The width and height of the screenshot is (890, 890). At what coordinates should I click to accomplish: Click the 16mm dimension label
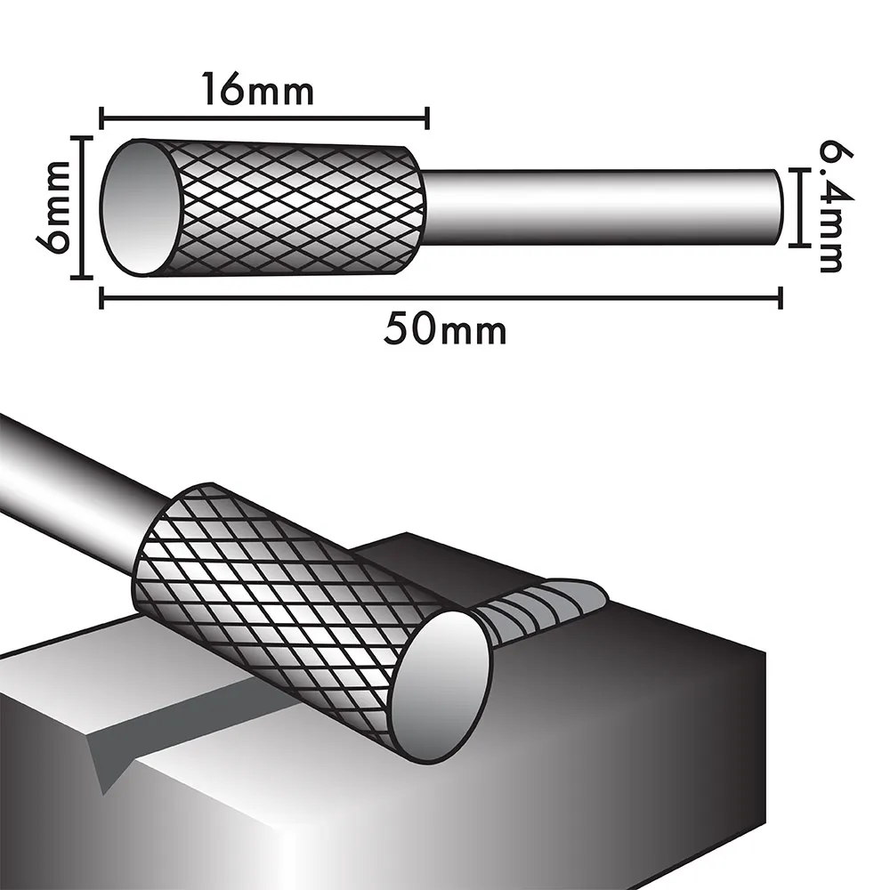pyautogui.click(x=258, y=89)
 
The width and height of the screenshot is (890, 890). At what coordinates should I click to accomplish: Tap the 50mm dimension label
pyautogui.click(x=445, y=330)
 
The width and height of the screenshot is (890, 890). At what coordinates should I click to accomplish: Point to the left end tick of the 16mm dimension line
pyautogui.click(x=101, y=118)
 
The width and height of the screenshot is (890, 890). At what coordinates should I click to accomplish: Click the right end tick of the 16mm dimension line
pyautogui.click(x=427, y=118)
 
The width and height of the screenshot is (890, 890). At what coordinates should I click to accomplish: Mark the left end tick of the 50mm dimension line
pyautogui.click(x=101, y=297)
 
